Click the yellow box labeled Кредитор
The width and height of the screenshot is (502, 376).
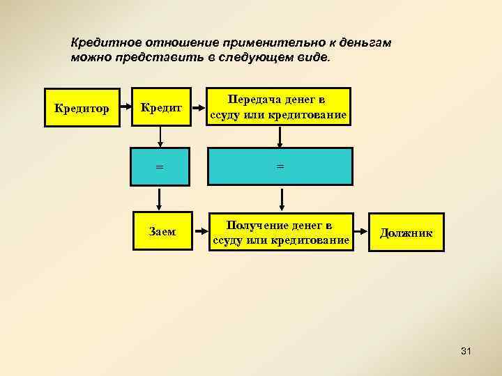(83, 108)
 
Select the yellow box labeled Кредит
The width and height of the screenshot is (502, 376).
(161, 108)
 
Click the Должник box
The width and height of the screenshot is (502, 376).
(406, 232)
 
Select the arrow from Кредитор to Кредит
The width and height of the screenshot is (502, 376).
(126, 108)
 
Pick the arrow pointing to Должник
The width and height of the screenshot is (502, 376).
(360, 232)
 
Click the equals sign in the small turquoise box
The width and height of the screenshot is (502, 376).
(160, 167)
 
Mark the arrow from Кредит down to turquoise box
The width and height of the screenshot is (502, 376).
(160, 136)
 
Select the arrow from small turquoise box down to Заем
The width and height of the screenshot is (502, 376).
(160, 199)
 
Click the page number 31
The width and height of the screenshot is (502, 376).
(466, 352)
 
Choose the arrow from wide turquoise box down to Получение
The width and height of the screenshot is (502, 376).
(281, 199)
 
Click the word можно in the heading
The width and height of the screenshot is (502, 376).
(87, 56)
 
